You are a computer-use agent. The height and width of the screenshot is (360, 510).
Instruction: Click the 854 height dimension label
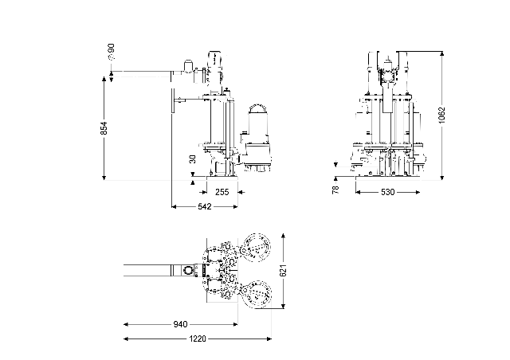pos(104,127)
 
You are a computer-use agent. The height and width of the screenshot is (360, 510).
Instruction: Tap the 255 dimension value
pos(222,192)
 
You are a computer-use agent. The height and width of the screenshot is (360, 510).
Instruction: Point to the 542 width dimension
pos(204,207)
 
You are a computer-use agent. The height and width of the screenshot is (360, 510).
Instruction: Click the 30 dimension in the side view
pos(192,158)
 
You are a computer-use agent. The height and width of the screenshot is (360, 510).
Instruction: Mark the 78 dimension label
pos(335,190)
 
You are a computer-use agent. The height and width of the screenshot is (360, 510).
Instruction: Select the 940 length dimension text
pos(180,324)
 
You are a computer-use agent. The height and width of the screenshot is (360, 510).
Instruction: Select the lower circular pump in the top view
pos(257,298)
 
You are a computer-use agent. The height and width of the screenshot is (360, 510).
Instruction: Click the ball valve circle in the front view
pos(390,77)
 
